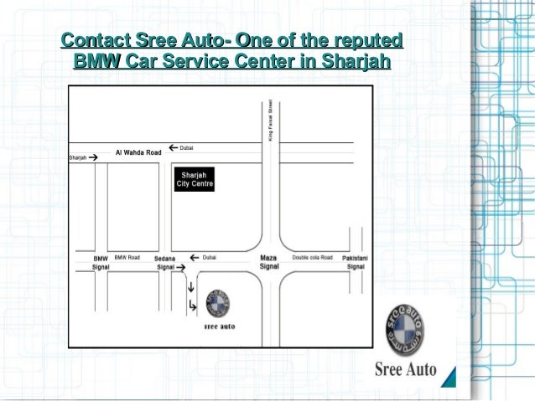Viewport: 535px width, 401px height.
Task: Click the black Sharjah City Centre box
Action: [194, 179]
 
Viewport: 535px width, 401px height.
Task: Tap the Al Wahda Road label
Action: [138, 153]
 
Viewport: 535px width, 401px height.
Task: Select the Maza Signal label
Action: [269, 262]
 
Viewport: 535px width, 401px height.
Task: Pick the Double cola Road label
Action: [312, 258]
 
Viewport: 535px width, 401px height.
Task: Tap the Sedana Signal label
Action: [164, 262]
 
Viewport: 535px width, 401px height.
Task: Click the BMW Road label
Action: [127, 258]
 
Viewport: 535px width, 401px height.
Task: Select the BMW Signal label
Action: [101, 262]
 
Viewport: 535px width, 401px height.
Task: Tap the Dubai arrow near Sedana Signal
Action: [195, 258]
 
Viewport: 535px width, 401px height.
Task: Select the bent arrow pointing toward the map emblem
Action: [193, 306]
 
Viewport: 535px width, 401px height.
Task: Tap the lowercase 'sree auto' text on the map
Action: [220, 327]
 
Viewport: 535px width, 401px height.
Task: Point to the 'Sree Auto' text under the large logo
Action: [404, 368]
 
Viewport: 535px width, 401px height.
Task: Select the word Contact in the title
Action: [90, 39]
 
